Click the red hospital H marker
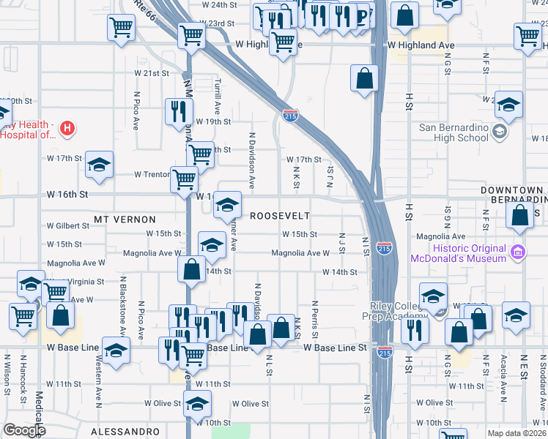point(67,130)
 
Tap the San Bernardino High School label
point(453,132)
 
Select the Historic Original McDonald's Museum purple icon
point(519,252)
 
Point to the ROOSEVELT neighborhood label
point(280,216)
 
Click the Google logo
point(24,430)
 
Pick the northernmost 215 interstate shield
point(289,114)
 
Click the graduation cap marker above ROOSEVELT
point(228,204)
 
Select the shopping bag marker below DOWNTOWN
point(519,216)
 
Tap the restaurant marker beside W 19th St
point(178,112)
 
